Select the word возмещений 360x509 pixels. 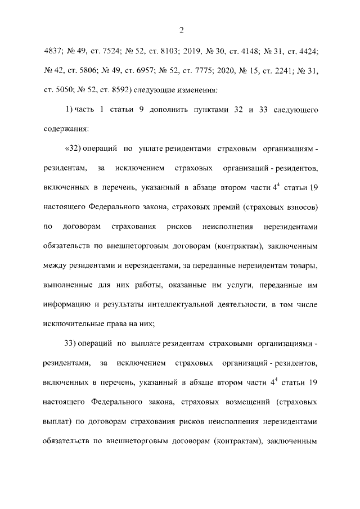247,403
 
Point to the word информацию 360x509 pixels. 67,304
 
